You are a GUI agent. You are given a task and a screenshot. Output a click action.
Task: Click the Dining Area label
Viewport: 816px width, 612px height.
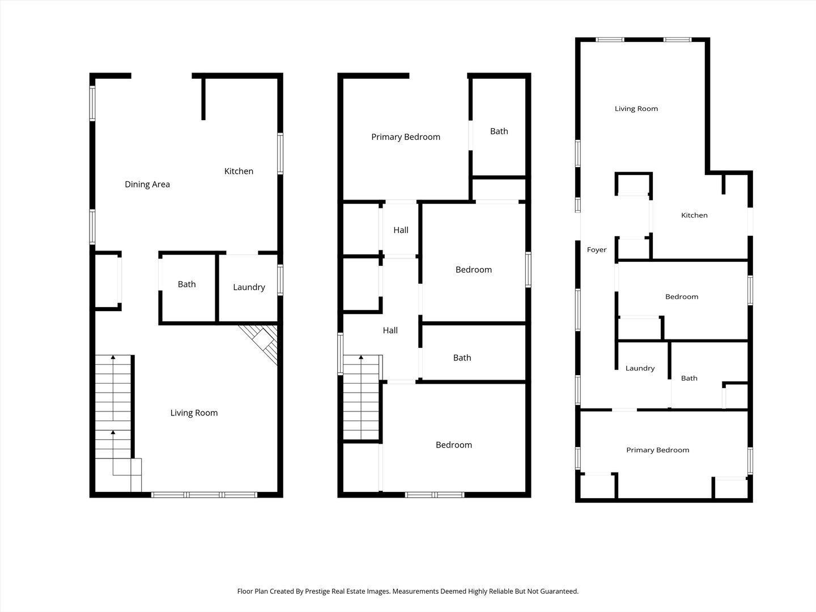tap(147, 184)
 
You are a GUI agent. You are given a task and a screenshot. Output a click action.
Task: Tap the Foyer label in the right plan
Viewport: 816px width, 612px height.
tap(597, 250)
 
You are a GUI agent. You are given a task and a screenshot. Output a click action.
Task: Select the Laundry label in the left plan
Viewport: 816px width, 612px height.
tap(249, 287)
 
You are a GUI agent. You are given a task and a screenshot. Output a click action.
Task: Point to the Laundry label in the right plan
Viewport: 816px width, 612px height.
tap(640, 368)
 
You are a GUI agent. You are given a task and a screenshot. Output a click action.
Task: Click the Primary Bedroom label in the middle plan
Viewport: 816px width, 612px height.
tap(406, 137)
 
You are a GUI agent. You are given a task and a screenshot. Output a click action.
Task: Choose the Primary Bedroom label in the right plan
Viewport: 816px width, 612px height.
tap(657, 450)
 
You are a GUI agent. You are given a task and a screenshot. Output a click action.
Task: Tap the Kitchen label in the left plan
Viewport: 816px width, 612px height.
tap(239, 171)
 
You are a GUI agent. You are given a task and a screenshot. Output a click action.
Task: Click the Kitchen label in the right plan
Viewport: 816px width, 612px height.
tap(694, 215)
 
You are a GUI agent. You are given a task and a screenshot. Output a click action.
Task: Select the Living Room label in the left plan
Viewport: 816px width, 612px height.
tap(194, 413)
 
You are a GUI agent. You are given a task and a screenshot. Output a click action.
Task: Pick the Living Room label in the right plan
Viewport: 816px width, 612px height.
tap(636, 109)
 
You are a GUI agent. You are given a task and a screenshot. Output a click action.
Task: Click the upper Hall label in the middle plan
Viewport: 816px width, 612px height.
tap(401, 230)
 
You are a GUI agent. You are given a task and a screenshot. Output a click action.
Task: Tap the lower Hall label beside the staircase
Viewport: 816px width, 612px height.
tap(390, 330)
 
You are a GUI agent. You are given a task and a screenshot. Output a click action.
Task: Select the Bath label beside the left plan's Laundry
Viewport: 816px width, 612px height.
tap(186, 284)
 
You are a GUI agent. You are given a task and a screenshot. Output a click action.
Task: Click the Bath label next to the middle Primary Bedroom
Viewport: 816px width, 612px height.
tap(499, 131)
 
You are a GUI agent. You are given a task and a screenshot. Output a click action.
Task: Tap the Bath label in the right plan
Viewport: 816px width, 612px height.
tap(689, 379)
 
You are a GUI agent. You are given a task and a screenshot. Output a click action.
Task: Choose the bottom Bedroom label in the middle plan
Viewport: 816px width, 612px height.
tap(453, 445)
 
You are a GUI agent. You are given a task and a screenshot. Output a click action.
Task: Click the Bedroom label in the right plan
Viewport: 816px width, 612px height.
tap(682, 297)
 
